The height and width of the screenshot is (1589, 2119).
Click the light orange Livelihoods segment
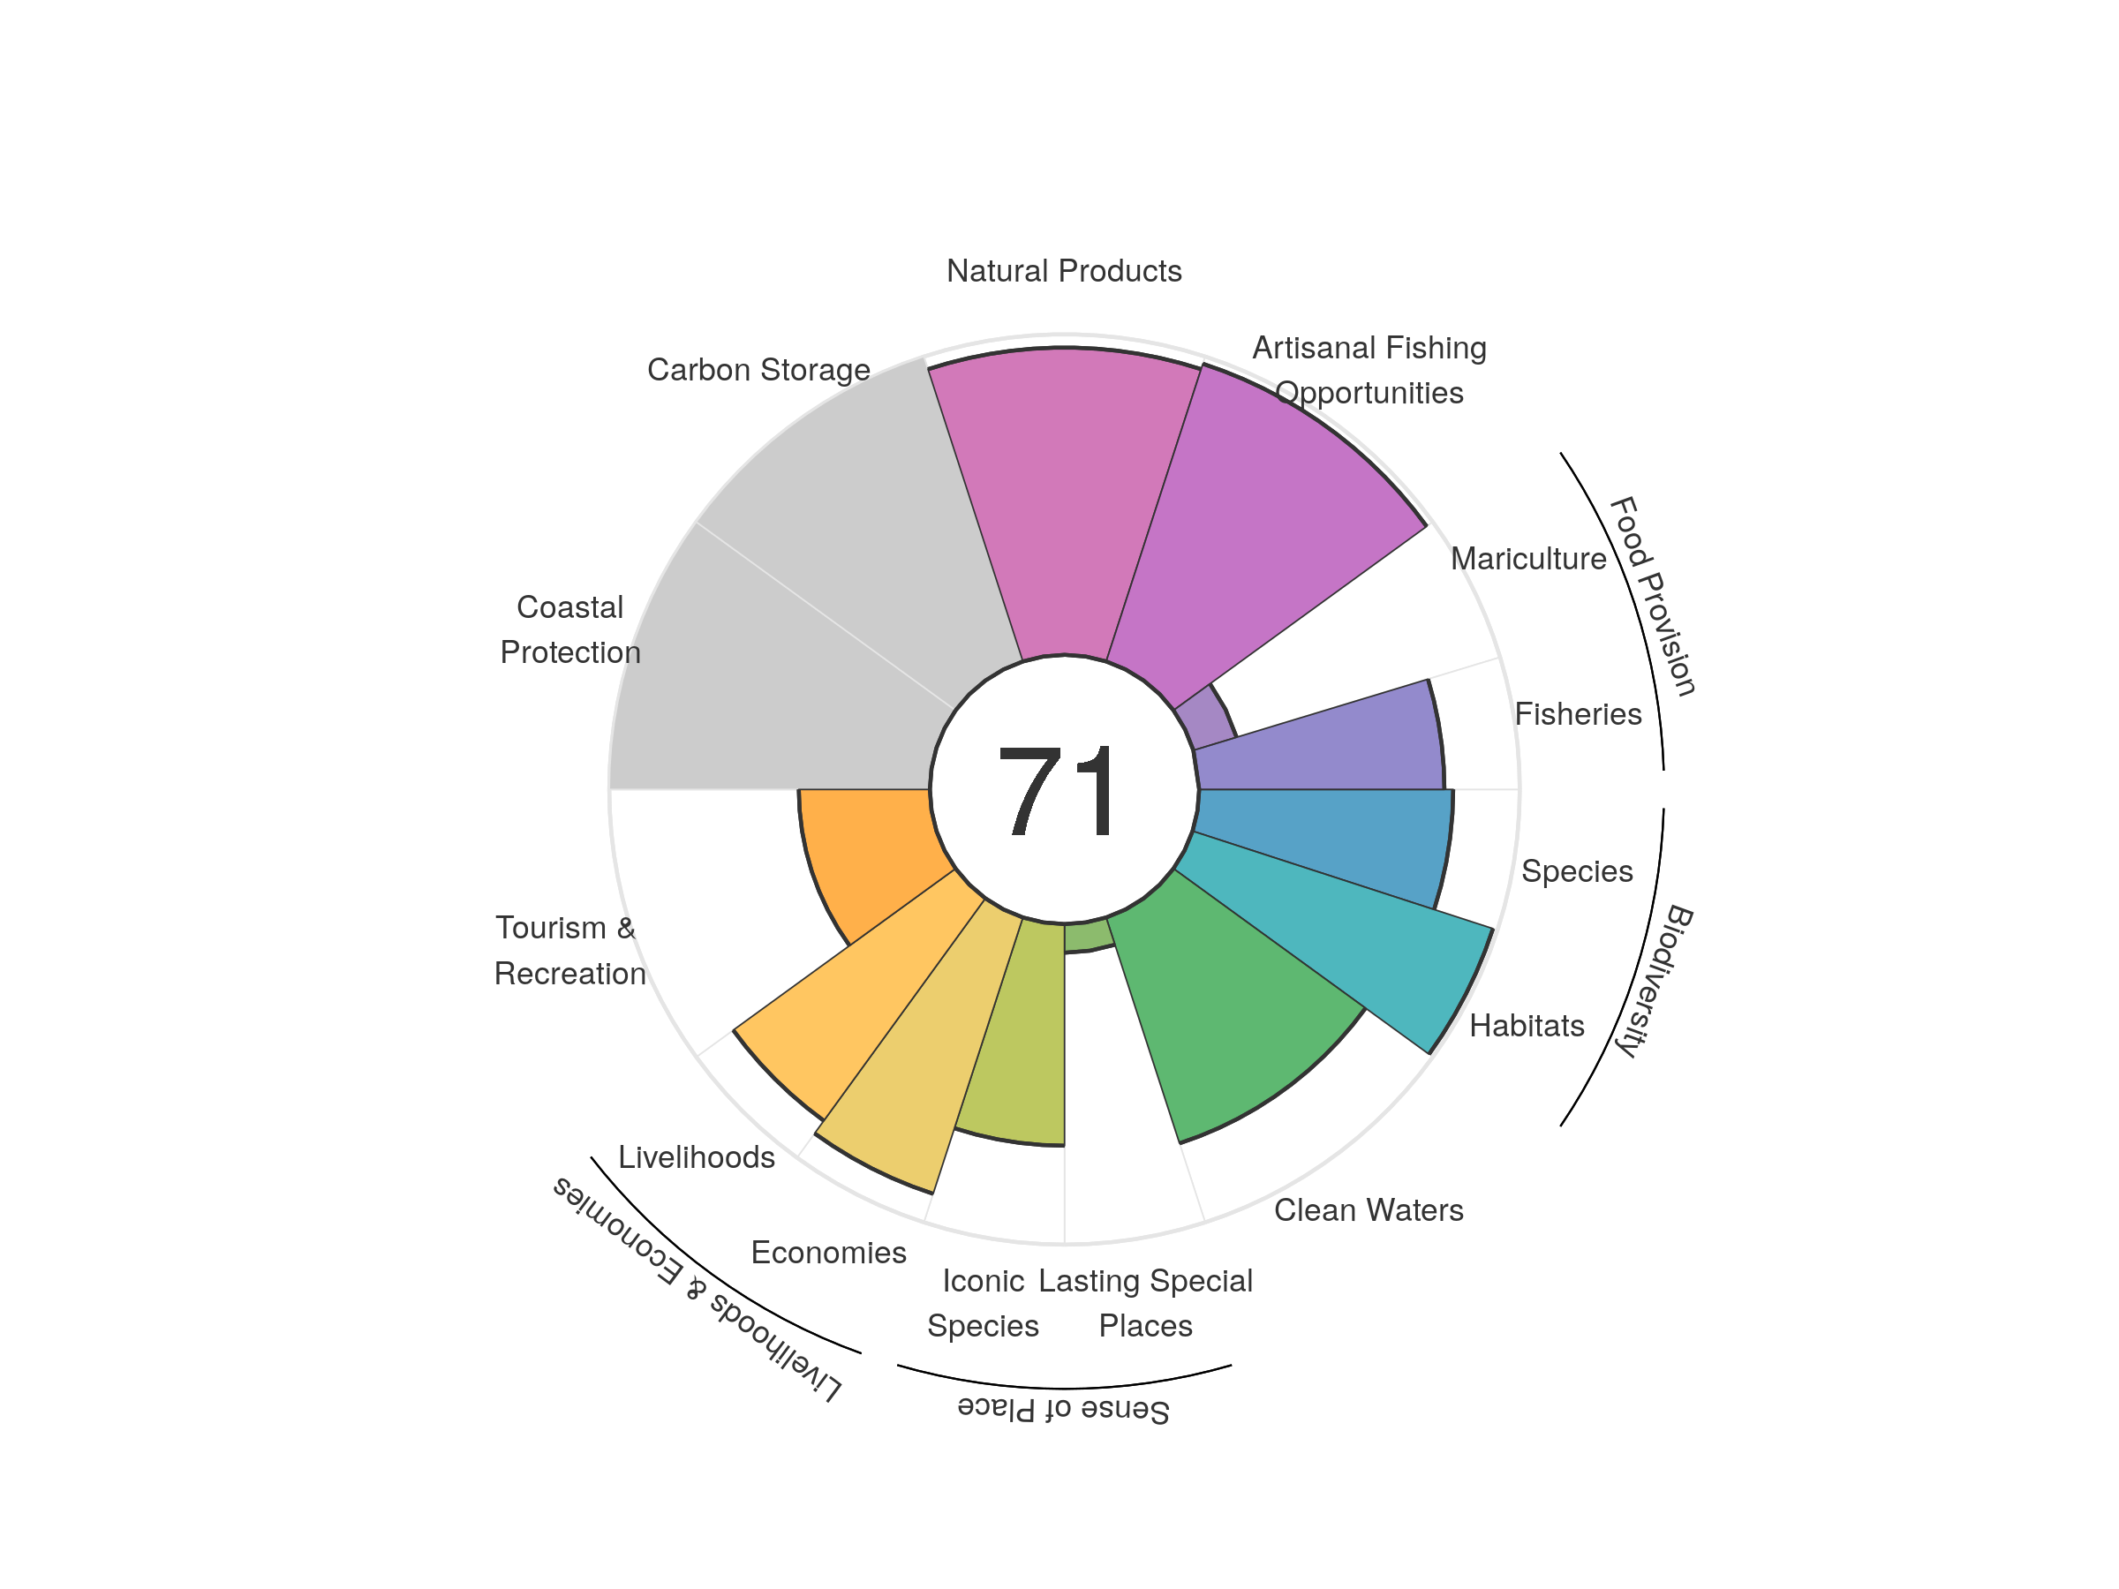[x=853, y=996]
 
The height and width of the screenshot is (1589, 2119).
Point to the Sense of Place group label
[x=1063, y=1410]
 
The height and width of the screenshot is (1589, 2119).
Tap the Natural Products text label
[x=1063, y=271]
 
